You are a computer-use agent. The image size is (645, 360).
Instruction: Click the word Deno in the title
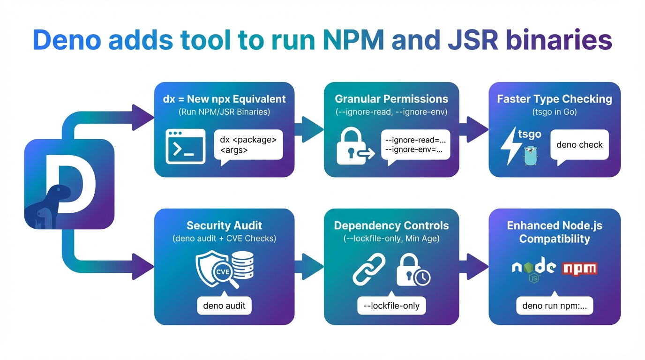point(66,41)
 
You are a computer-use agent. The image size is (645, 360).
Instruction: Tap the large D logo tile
point(69,184)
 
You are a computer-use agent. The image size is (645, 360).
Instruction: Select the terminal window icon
point(186,146)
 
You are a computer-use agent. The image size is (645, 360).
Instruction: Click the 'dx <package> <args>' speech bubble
point(248,145)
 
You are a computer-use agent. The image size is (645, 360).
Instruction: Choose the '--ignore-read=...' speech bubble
point(415,145)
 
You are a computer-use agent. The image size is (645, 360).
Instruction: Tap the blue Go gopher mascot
point(530,155)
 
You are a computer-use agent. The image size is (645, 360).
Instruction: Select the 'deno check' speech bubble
point(579,145)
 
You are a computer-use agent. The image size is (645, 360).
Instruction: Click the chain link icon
point(369,270)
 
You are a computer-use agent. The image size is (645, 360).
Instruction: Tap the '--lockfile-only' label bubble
point(391,306)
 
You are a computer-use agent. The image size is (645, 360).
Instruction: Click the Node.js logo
point(533,269)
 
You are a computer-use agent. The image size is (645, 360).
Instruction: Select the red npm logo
point(580,269)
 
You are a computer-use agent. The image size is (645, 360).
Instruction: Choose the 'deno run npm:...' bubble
point(555,306)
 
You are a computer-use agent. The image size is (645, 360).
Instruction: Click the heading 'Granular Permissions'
point(391,99)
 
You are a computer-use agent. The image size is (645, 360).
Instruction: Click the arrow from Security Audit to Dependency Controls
point(309,267)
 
